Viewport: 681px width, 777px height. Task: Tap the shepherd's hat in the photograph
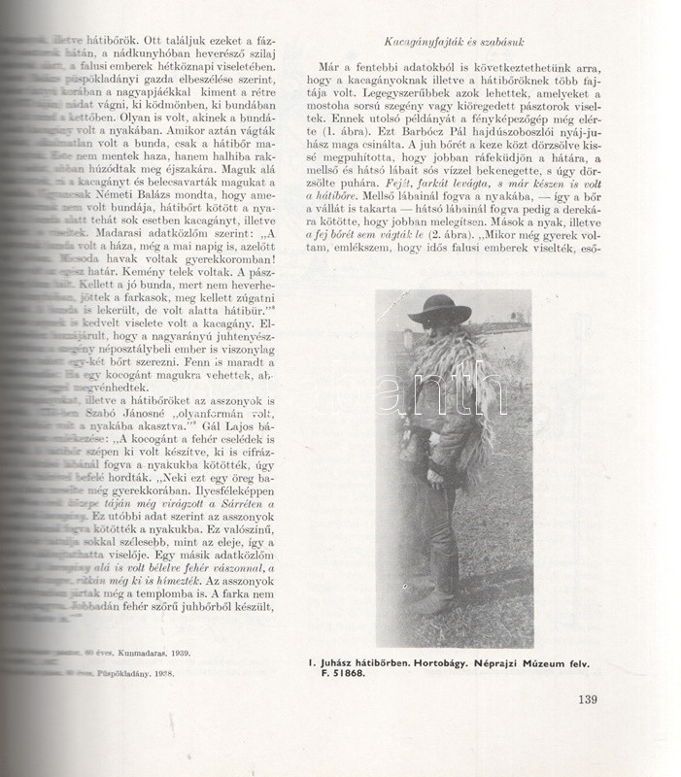point(440,310)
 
